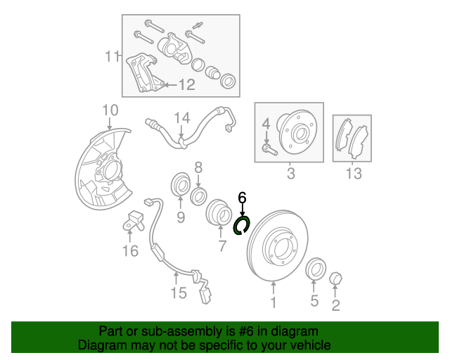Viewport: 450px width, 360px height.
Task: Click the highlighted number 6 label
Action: click(x=243, y=198)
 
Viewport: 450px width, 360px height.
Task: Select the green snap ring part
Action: click(x=243, y=226)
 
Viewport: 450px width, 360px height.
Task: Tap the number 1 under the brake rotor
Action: click(x=274, y=303)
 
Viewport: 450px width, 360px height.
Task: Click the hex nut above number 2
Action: click(x=335, y=280)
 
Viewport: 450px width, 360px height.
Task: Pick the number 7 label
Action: click(x=222, y=246)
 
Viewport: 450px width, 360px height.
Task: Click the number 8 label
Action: click(x=198, y=167)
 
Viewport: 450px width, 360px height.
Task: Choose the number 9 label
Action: click(x=180, y=218)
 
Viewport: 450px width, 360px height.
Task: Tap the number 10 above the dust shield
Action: click(x=110, y=110)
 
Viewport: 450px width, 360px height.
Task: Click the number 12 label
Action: click(x=186, y=85)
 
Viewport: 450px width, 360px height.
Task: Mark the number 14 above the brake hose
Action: click(x=182, y=117)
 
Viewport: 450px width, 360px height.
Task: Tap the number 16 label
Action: click(x=130, y=250)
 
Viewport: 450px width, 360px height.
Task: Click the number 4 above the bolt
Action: click(x=266, y=124)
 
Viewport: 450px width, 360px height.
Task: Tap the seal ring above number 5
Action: click(x=316, y=268)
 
